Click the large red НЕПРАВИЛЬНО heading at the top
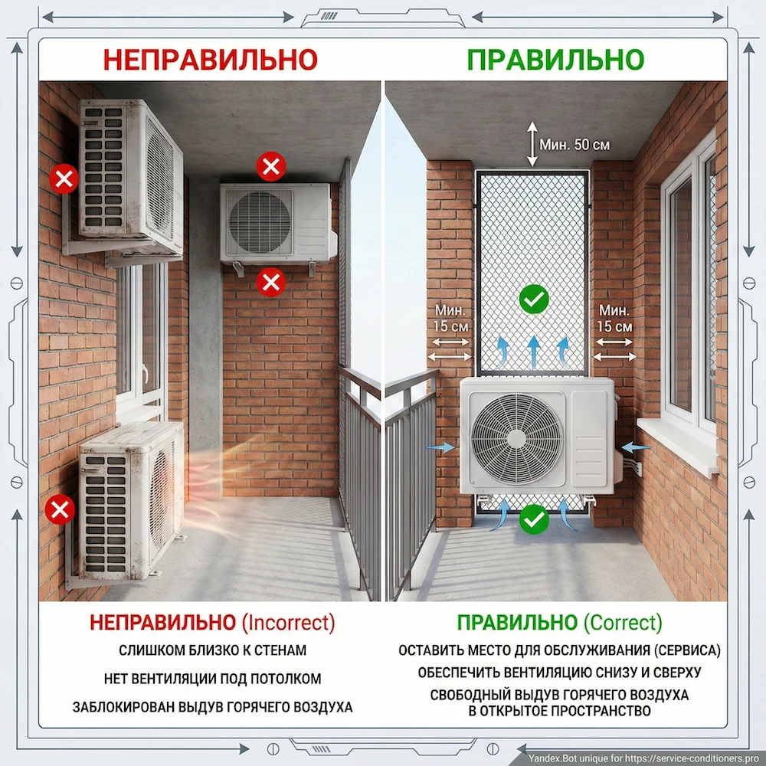pyautogui.click(x=211, y=60)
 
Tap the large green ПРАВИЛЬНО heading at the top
pyautogui.click(x=555, y=60)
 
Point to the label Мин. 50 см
pyautogui.click(x=574, y=145)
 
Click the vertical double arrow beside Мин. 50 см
pyautogui.click(x=532, y=144)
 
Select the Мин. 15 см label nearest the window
pyautogui.click(x=614, y=318)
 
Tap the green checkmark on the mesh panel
pyautogui.click(x=533, y=299)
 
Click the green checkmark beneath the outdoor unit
pyautogui.click(x=533, y=519)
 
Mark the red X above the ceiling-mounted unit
pyautogui.click(x=271, y=166)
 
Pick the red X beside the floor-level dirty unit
pyautogui.click(x=60, y=509)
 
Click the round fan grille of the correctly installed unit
pyautogui.click(x=516, y=439)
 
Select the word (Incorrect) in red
pyautogui.click(x=289, y=622)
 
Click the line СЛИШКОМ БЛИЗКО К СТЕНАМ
pyautogui.click(x=212, y=650)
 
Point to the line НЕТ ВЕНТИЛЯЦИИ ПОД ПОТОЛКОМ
pyautogui.click(x=212, y=679)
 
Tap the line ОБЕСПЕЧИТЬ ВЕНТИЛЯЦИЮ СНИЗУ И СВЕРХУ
pyautogui.click(x=559, y=673)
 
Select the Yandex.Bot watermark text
pyautogui.click(x=644, y=758)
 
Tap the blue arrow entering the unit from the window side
pyautogui.click(x=635, y=447)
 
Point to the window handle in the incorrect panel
pyautogui.click(x=145, y=375)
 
